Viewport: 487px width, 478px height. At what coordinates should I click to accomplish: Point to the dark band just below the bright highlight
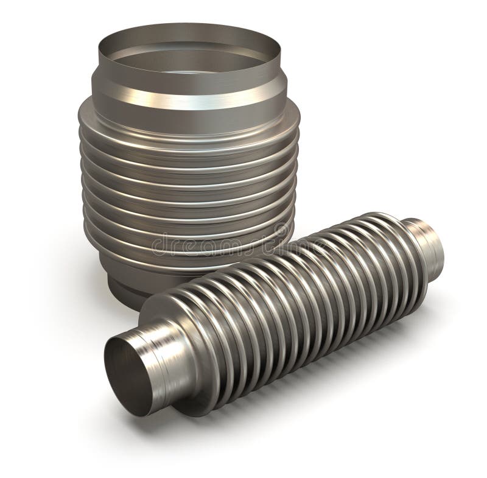click(x=183, y=111)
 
